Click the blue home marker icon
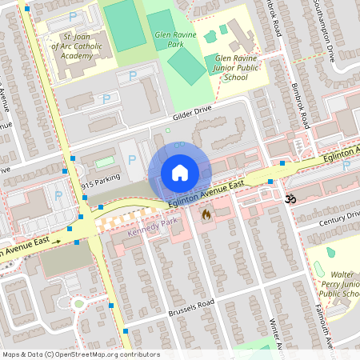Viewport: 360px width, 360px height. (x=180, y=173)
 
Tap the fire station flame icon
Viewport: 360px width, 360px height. (x=206, y=214)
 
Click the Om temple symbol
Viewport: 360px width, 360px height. (x=290, y=196)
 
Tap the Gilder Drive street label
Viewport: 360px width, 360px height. (x=192, y=112)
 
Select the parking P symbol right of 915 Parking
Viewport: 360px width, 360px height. (x=132, y=160)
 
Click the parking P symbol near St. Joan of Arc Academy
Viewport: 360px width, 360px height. (x=74, y=16)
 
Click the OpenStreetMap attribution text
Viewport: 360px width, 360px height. (x=80, y=354)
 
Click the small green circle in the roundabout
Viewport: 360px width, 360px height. (x=78, y=303)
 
